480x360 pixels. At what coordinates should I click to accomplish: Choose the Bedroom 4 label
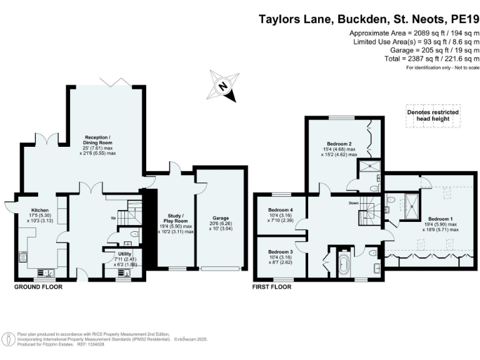(280, 210)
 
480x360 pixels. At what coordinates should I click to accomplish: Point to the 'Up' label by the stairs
(113, 218)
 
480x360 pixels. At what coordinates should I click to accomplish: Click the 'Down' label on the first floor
(353, 203)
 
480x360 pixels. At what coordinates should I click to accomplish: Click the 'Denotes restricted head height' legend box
(433, 116)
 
